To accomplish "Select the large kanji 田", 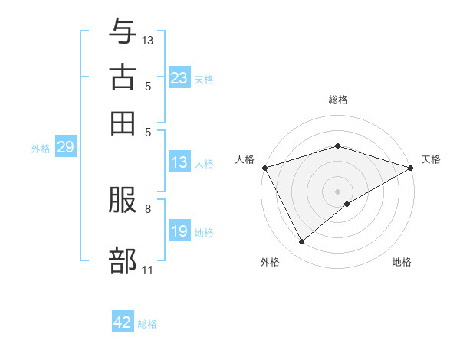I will (x=123, y=122).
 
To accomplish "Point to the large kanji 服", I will (x=123, y=202).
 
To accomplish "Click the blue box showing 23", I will (x=179, y=78).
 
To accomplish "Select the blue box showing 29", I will (x=65, y=148).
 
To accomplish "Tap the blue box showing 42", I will (x=123, y=322).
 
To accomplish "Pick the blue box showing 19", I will (x=179, y=231).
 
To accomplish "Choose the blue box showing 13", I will (x=179, y=162).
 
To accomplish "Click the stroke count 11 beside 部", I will (x=147, y=270).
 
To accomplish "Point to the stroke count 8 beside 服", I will (x=147, y=208).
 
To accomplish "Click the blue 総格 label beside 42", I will (x=147, y=324).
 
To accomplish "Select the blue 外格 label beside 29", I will (x=41, y=149).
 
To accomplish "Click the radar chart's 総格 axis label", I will (x=338, y=100).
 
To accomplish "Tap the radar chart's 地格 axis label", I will (x=402, y=262).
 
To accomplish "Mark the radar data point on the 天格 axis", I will (x=411, y=167).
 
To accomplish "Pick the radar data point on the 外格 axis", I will (x=301, y=241).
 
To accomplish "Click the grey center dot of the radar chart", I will (x=338, y=191).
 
